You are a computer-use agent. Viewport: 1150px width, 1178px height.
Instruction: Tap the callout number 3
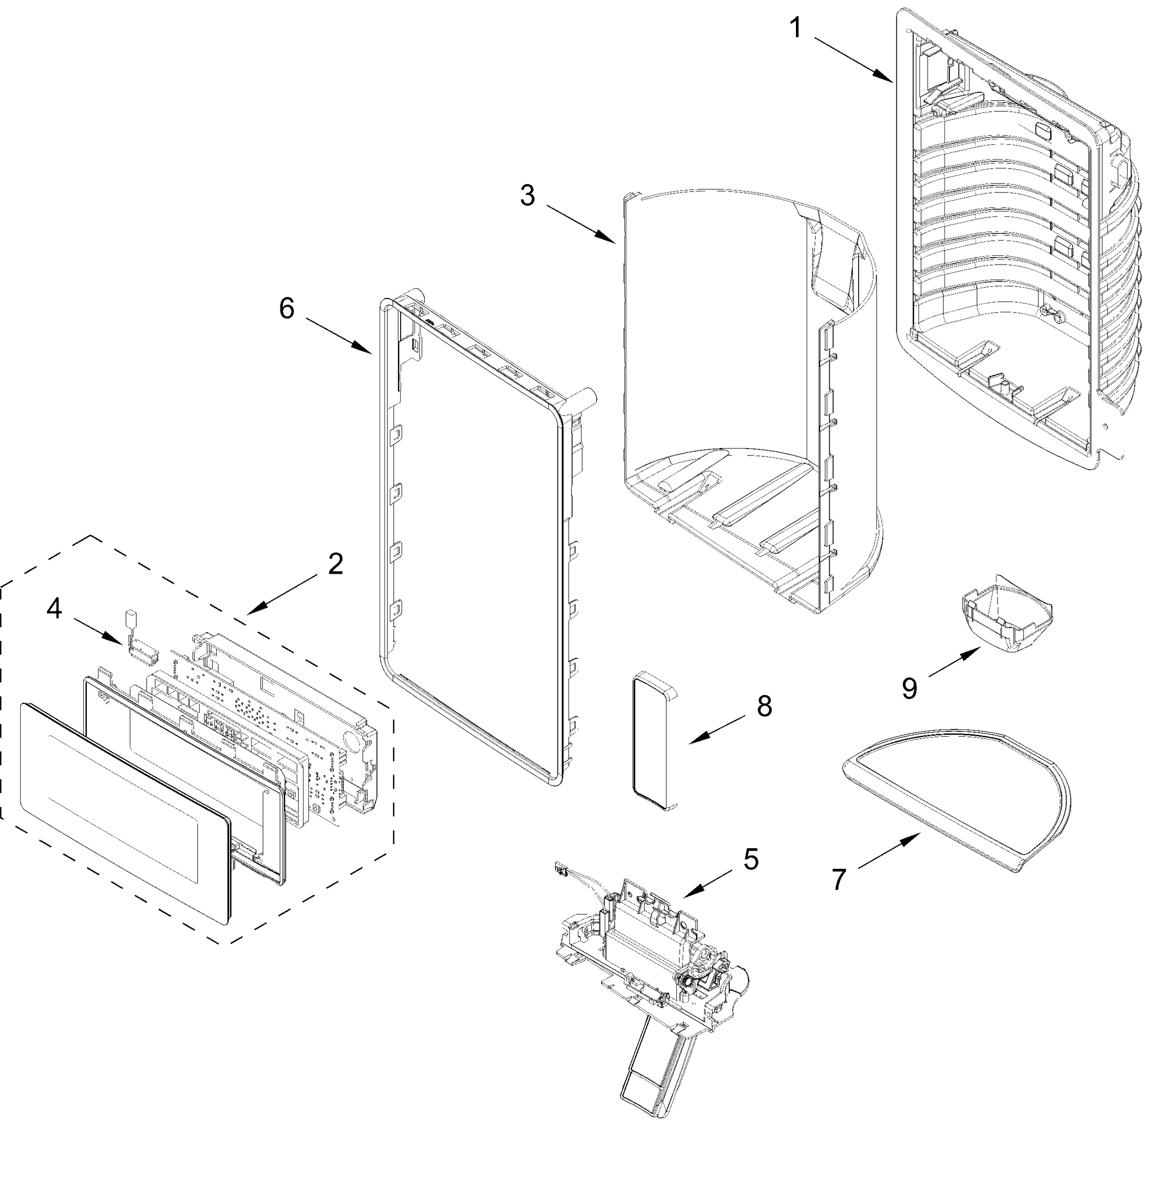point(527,196)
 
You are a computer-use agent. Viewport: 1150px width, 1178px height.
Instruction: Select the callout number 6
point(286,309)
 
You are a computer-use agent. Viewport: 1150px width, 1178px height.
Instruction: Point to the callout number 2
point(335,564)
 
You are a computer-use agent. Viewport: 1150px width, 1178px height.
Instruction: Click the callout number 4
point(54,609)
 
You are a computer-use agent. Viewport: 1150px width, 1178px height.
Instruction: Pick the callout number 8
point(764,705)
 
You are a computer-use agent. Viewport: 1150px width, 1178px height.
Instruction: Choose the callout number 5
point(751,859)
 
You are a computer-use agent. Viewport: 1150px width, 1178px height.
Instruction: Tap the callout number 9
point(910,688)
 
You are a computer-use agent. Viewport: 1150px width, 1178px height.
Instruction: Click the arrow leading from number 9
point(954,662)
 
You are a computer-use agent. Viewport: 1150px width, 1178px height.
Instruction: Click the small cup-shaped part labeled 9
point(1006,622)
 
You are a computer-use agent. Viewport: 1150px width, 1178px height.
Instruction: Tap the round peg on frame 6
point(585,399)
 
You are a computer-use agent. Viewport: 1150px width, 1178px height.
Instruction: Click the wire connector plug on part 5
point(561,870)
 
